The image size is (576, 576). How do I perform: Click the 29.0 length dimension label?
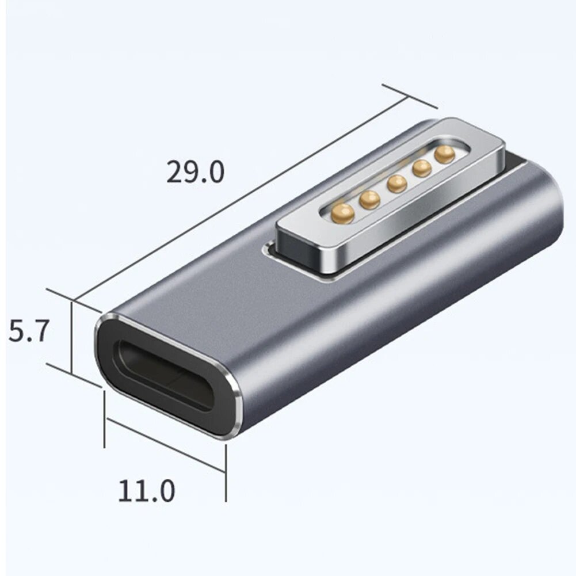tap(195, 172)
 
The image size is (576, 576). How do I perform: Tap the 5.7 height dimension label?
tap(28, 333)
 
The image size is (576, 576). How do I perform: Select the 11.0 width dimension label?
tap(146, 491)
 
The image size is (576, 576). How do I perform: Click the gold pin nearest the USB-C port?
tap(343, 213)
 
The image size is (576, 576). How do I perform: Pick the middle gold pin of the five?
tap(397, 184)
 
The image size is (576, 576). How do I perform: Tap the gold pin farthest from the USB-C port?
tap(445, 154)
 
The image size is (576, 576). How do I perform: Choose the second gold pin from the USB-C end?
tap(369, 199)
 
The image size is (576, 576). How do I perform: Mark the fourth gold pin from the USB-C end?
tap(422, 168)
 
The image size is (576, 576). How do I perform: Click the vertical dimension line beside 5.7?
tap(72, 337)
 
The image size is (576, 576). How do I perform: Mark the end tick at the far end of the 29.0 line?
tap(409, 96)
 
